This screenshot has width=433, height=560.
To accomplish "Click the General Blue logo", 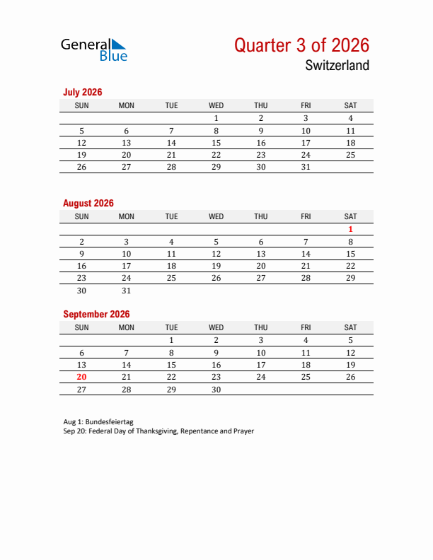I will click(x=94, y=49).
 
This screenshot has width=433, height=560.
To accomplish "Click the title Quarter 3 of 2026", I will click(x=301, y=45).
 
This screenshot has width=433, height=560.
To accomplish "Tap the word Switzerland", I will click(x=337, y=66).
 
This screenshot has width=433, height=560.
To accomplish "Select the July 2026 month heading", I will click(x=83, y=92).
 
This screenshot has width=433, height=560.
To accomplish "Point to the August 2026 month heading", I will click(x=88, y=203).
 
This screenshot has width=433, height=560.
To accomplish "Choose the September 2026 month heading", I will click(x=96, y=314).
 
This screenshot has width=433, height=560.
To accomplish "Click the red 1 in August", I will click(x=350, y=229).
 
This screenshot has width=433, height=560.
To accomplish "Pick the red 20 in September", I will click(x=81, y=377).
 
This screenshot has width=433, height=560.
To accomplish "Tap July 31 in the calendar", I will click(x=306, y=167).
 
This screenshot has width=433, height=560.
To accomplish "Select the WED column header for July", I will click(x=216, y=105).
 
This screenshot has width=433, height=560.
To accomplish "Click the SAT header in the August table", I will click(x=350, y=216).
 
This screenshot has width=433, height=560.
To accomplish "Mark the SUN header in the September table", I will click(x=81, y=327).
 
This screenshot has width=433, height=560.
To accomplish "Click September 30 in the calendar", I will click(x=216, y=390).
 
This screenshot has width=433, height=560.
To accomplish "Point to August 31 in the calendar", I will click(x=127, y=291).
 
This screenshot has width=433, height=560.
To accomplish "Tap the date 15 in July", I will click(x=216, y=143).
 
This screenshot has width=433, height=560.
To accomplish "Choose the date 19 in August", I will click(x=216, y=266).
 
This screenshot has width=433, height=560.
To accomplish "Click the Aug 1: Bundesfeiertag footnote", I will click(x=98, y=421).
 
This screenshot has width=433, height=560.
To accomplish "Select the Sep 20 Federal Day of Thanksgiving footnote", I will click(x=158, y=431).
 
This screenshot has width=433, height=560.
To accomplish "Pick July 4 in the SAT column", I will click(x=350, y=118).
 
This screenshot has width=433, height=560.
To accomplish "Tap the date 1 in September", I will click(x=171, y=340).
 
